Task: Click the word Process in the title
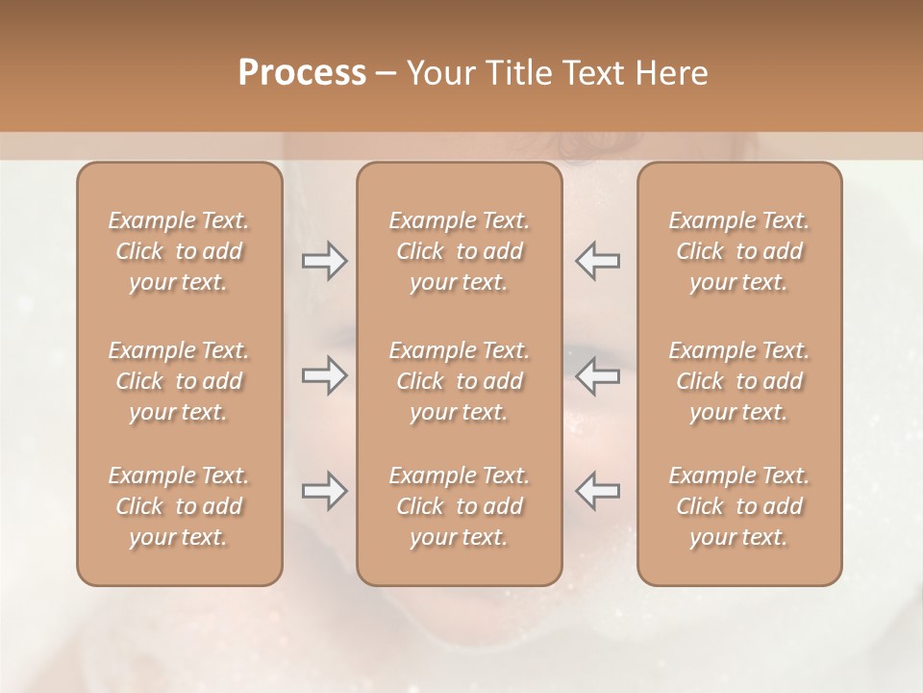click(x=302, y=73)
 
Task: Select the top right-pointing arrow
click(x=324, y=261)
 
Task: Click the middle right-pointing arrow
click(x=324, y=375)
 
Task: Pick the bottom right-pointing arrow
click(x=324, y=491)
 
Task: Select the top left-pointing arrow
click(x=598, y=261)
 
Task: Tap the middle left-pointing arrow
click(x=598, y=375)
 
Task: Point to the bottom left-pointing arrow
click(x=598, y=491)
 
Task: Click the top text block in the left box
click(x=179, y=251)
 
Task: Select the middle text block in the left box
click(x=179, y=381)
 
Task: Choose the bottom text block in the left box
click(x=179, y=506)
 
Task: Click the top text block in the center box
click(x=460, y=251)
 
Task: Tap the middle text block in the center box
click(x=460, y=381)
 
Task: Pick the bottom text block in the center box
click(x=460, y=506)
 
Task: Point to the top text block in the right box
click(x=739, y=251)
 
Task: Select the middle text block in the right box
click(x=739, y=381)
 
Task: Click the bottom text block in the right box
click(x=739, y=506)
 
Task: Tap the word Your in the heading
click(x=437, y=73)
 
